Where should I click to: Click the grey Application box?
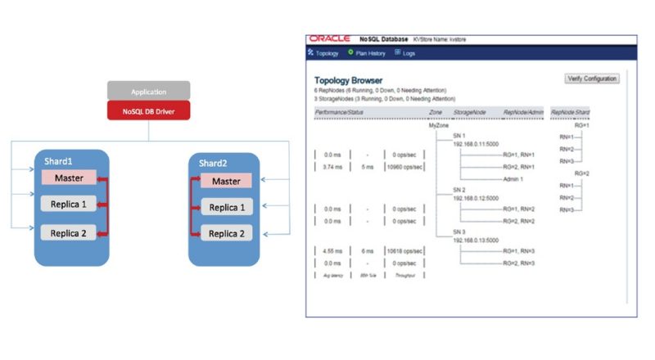point(148,91)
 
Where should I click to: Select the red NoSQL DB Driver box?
point(148,110)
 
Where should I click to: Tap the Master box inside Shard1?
point(69,178)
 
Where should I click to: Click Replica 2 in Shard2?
point(225,234)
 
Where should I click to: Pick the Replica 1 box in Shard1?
point(69,205)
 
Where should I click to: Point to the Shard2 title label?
point(214,163)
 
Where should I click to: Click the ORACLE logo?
point(330,39)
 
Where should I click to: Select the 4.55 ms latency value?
point(332,250)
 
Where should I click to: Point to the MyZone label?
point(439,126)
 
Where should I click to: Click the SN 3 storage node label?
point(459,232)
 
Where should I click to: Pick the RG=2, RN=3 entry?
point(519,263)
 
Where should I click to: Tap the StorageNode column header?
point(469,110)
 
